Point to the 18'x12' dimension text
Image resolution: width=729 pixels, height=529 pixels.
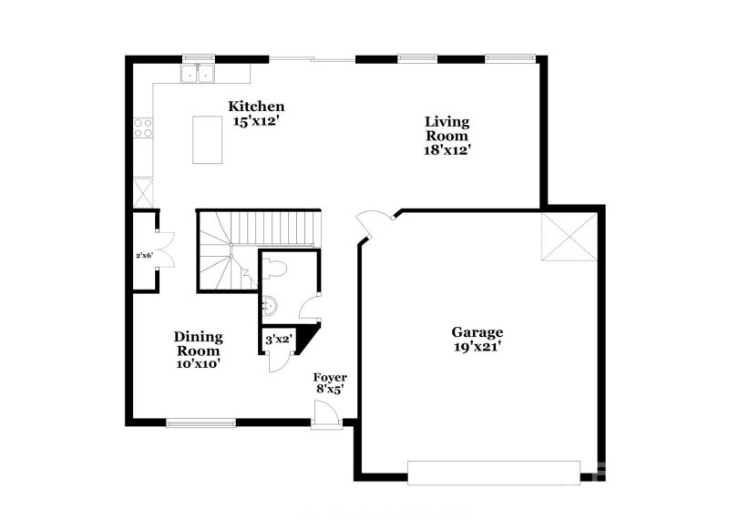pos(447,150)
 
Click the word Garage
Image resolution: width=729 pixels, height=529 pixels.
pos(477,332)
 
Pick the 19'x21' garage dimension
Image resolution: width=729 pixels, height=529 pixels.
pos(477,347)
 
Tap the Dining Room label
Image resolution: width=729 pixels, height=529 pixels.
pos(198,343)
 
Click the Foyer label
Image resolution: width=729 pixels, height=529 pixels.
pos(330,377)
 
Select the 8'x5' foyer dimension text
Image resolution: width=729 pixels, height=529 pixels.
pos(330,391)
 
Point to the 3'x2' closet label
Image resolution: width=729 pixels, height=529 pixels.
pos(277,340)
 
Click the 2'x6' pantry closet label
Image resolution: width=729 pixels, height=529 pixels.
pos(143,256)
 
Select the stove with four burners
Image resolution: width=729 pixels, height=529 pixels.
pos(143,127)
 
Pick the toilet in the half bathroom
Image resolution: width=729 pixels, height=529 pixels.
pos(277,268)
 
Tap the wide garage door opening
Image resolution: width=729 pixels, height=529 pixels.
pos(494,472)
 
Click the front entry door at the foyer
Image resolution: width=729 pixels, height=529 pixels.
pos(326,421)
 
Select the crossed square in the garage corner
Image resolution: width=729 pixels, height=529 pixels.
pos(569,237)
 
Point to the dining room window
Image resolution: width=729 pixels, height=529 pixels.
pos(200,422)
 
